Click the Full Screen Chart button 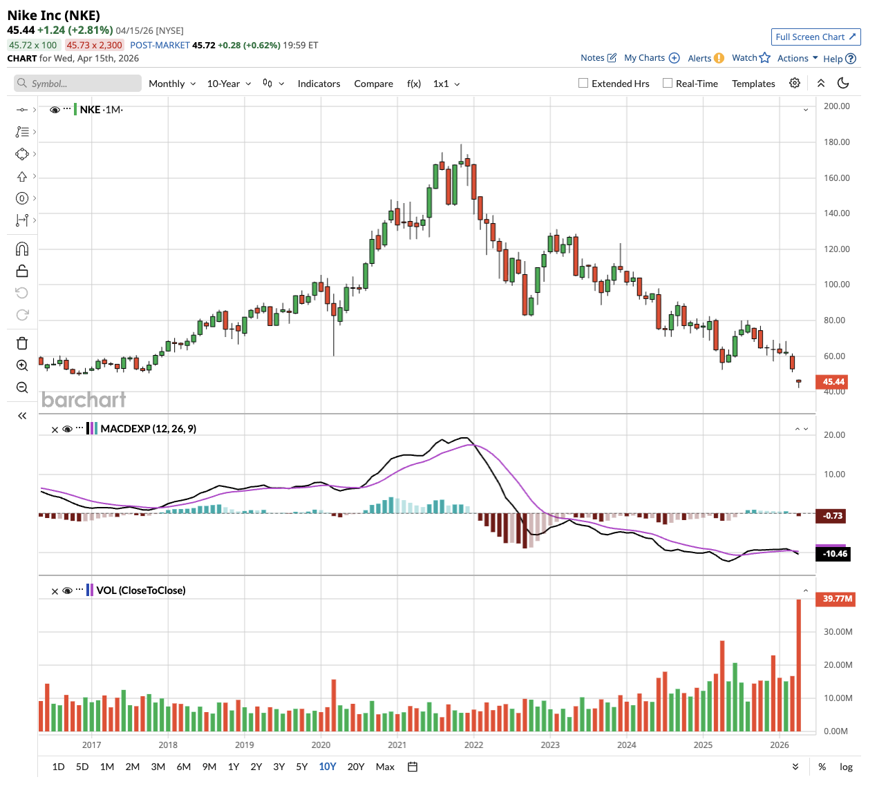(x=816, y=37)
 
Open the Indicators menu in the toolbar (x=319, y=84)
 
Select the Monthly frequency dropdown (x=172, y=84)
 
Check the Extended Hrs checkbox (x=583, y=84)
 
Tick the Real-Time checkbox (x=668, y=84)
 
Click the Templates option (x=753, y=84)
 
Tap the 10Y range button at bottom (x=328, y=767)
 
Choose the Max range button (x=385, y=767)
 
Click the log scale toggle (x=846, y=767)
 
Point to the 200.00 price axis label (x=836, y=106)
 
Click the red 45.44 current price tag (x=833, y=382)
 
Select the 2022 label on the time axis (x=473, y=745)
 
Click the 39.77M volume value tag (x=837, y=599)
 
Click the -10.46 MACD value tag (x=835, y=554)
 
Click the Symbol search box (x=77, y=84)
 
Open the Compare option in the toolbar (x=373, y=84)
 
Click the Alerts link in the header (x=699, y=58)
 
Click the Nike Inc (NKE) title (x=54, y=15)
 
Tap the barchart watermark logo (x=84, y=400)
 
